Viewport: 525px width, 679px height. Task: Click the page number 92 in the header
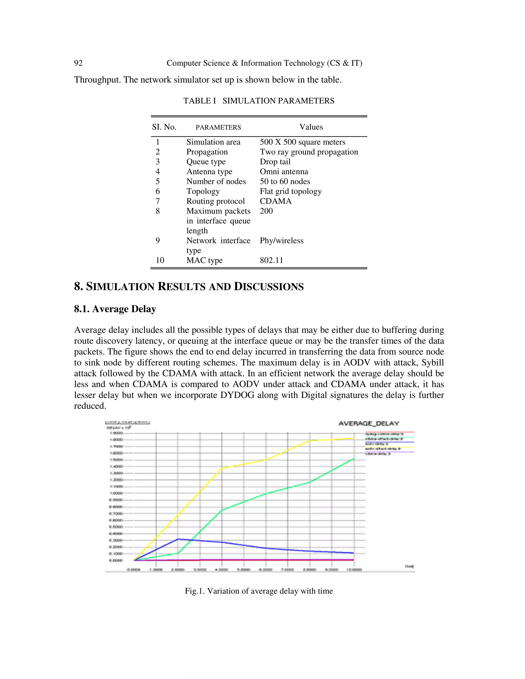pos(78,63)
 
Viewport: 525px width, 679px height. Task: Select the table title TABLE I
pos(199,101)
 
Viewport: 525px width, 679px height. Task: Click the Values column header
pos(311,127)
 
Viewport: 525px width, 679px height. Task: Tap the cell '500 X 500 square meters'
pos(302,142)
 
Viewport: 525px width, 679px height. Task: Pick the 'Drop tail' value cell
pos(275,162)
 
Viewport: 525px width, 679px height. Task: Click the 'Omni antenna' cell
pos(284,172)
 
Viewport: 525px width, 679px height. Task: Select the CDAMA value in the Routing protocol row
pos(276,201)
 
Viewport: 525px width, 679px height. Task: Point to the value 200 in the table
pos(266,211)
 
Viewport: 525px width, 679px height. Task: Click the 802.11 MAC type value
pos(271,260)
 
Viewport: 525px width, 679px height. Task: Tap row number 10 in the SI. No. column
pos(160,260)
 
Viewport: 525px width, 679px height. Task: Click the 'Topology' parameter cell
pos(203,191)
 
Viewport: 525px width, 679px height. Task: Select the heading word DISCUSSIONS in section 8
pos(268,286)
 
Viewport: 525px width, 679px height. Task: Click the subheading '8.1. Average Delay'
pos(115,309)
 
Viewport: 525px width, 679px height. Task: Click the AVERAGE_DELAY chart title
pos(369,424)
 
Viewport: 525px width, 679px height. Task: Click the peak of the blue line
pos(178,539)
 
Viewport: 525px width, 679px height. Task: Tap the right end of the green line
pos(354,459)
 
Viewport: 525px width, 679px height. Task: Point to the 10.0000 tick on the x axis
pos(354,570)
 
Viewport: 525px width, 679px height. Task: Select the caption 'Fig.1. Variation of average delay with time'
pos(259,591)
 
